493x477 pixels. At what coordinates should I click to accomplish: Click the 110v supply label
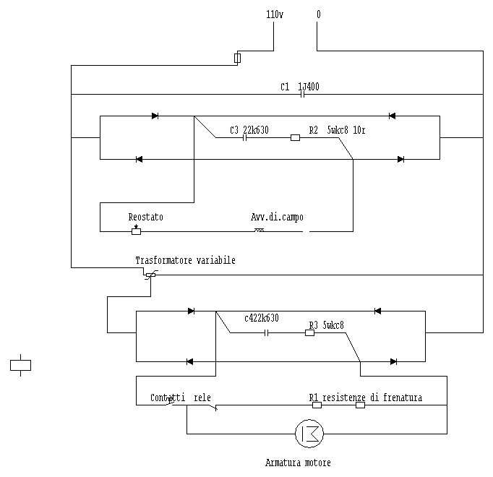(x=274, y=14)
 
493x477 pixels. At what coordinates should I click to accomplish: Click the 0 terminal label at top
(x=318, y=14)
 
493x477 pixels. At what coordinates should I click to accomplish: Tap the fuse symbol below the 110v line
(x=238, y=58)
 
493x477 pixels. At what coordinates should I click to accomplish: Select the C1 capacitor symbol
(x=304, y=94)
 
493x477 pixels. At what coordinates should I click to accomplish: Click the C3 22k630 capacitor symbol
(x=246, y=137)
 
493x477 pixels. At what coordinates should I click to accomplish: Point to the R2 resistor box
(x=295, y=137)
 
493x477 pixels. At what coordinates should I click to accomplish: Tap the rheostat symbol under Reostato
(x=136, y=231)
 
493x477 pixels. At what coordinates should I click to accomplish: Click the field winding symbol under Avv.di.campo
(x=259, y=231)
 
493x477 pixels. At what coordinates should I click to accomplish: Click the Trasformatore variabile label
(x=185, y=259)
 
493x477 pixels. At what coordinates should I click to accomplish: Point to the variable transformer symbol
(x=150, y=275)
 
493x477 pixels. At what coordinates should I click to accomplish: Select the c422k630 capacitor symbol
(x=267, y=332)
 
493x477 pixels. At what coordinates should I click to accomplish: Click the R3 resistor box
(x=309, y=332)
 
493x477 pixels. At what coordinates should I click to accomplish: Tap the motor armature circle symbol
(x=309, y=434)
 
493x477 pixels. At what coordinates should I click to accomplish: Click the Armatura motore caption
(x=298, y=463)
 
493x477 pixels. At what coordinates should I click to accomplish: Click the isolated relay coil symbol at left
(x=20, y=365)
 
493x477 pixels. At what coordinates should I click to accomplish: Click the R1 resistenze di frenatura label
(x=365, y=397)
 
